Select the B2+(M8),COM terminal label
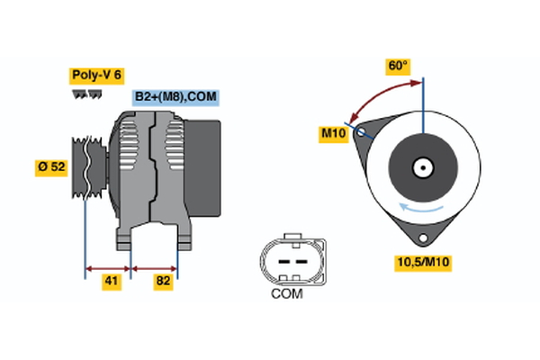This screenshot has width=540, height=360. (176, 97)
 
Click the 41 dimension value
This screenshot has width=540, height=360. (111, 282)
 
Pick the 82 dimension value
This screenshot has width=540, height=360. (162, 282)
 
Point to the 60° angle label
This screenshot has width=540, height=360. (397, 66)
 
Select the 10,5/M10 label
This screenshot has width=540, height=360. (423, 262)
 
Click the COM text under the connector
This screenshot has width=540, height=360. (287, 292)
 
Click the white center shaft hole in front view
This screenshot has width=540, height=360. (422, 166)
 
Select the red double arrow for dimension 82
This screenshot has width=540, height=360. (155, 267)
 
